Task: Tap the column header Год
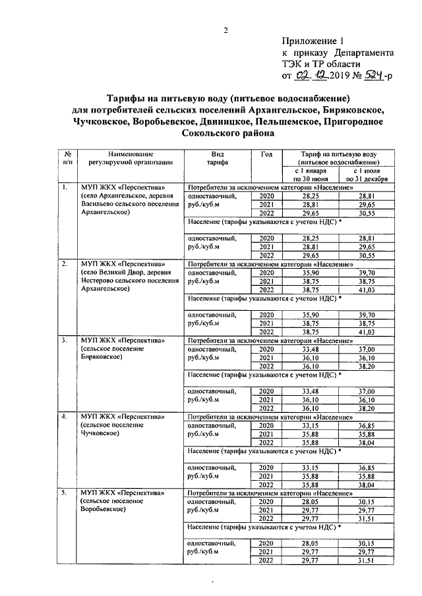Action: click(x=266, y=154)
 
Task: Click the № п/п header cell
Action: click(x=67, y=157)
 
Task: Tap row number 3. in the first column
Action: click(x=65, y=340)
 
